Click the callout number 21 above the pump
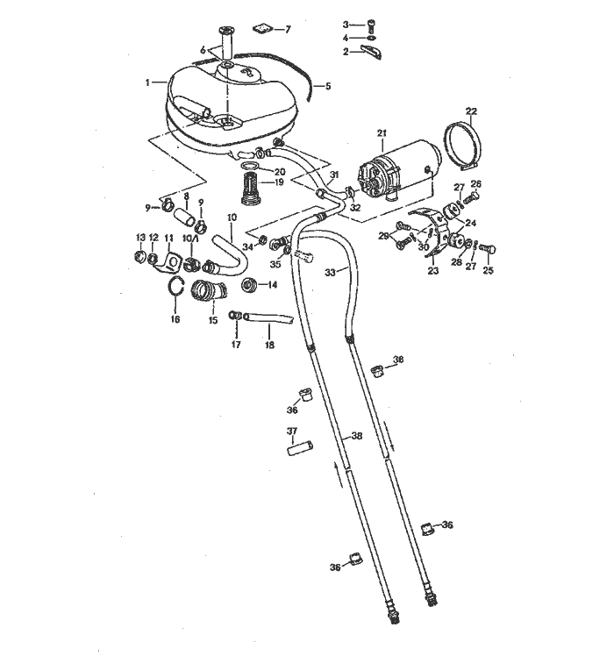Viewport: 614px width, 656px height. (x=382, y=133)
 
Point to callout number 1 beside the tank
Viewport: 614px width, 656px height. (x=147, y=82)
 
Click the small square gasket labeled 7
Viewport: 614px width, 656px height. (x=262, y=29)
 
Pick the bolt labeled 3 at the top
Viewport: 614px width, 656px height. (x=370, y=26)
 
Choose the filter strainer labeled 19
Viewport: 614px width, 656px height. (x=252, y=189)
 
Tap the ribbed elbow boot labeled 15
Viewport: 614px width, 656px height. (x=207, y=290)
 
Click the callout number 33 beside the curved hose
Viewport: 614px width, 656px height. (x=330, y=273)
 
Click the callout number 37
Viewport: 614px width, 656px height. (x=292, y=431)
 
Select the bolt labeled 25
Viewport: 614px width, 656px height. (x=489, y=249)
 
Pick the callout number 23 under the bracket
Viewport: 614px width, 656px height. (x=433, y=271)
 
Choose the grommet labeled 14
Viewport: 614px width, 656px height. (x=249, y=285)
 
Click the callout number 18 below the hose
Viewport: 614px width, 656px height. (x=270, y=346)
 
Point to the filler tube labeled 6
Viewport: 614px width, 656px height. (x=226, y=43)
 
